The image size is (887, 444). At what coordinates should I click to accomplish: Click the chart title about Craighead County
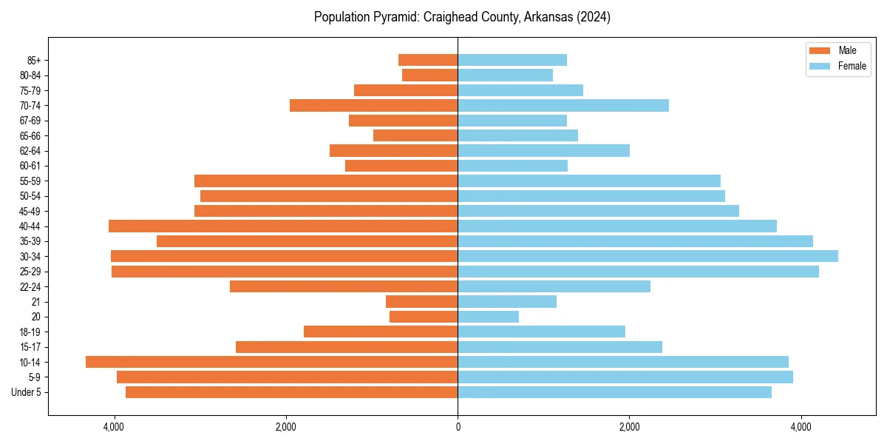coord(462,17)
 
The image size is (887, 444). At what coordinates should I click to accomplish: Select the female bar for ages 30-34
coord(648,256)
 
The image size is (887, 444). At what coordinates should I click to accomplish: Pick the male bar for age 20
coord(424,317)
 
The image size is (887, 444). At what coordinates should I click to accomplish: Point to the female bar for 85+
coord(512,60)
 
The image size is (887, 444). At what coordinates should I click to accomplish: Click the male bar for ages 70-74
coord(373,105)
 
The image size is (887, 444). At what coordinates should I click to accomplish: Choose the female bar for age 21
coord(507,301)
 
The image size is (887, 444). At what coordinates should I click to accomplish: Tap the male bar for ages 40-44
coord(283,226)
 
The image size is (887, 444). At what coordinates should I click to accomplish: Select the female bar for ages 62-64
coord(543,150)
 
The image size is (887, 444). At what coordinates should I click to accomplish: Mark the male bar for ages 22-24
coord(344,286)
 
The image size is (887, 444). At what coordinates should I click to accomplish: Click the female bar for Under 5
coord(614,392)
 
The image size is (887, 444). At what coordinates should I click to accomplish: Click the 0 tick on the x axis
coord(458,427)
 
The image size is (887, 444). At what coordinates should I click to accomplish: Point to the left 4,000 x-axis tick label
coord(114,427)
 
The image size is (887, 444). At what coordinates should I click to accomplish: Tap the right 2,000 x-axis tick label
coord(629,427)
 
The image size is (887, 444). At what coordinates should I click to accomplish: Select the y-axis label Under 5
coord(26,392)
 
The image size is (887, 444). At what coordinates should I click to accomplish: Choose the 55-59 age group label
coord(30,181)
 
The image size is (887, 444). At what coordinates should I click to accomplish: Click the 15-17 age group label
coord(30,347)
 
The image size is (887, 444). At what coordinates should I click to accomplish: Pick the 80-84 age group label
coord(30,75)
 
